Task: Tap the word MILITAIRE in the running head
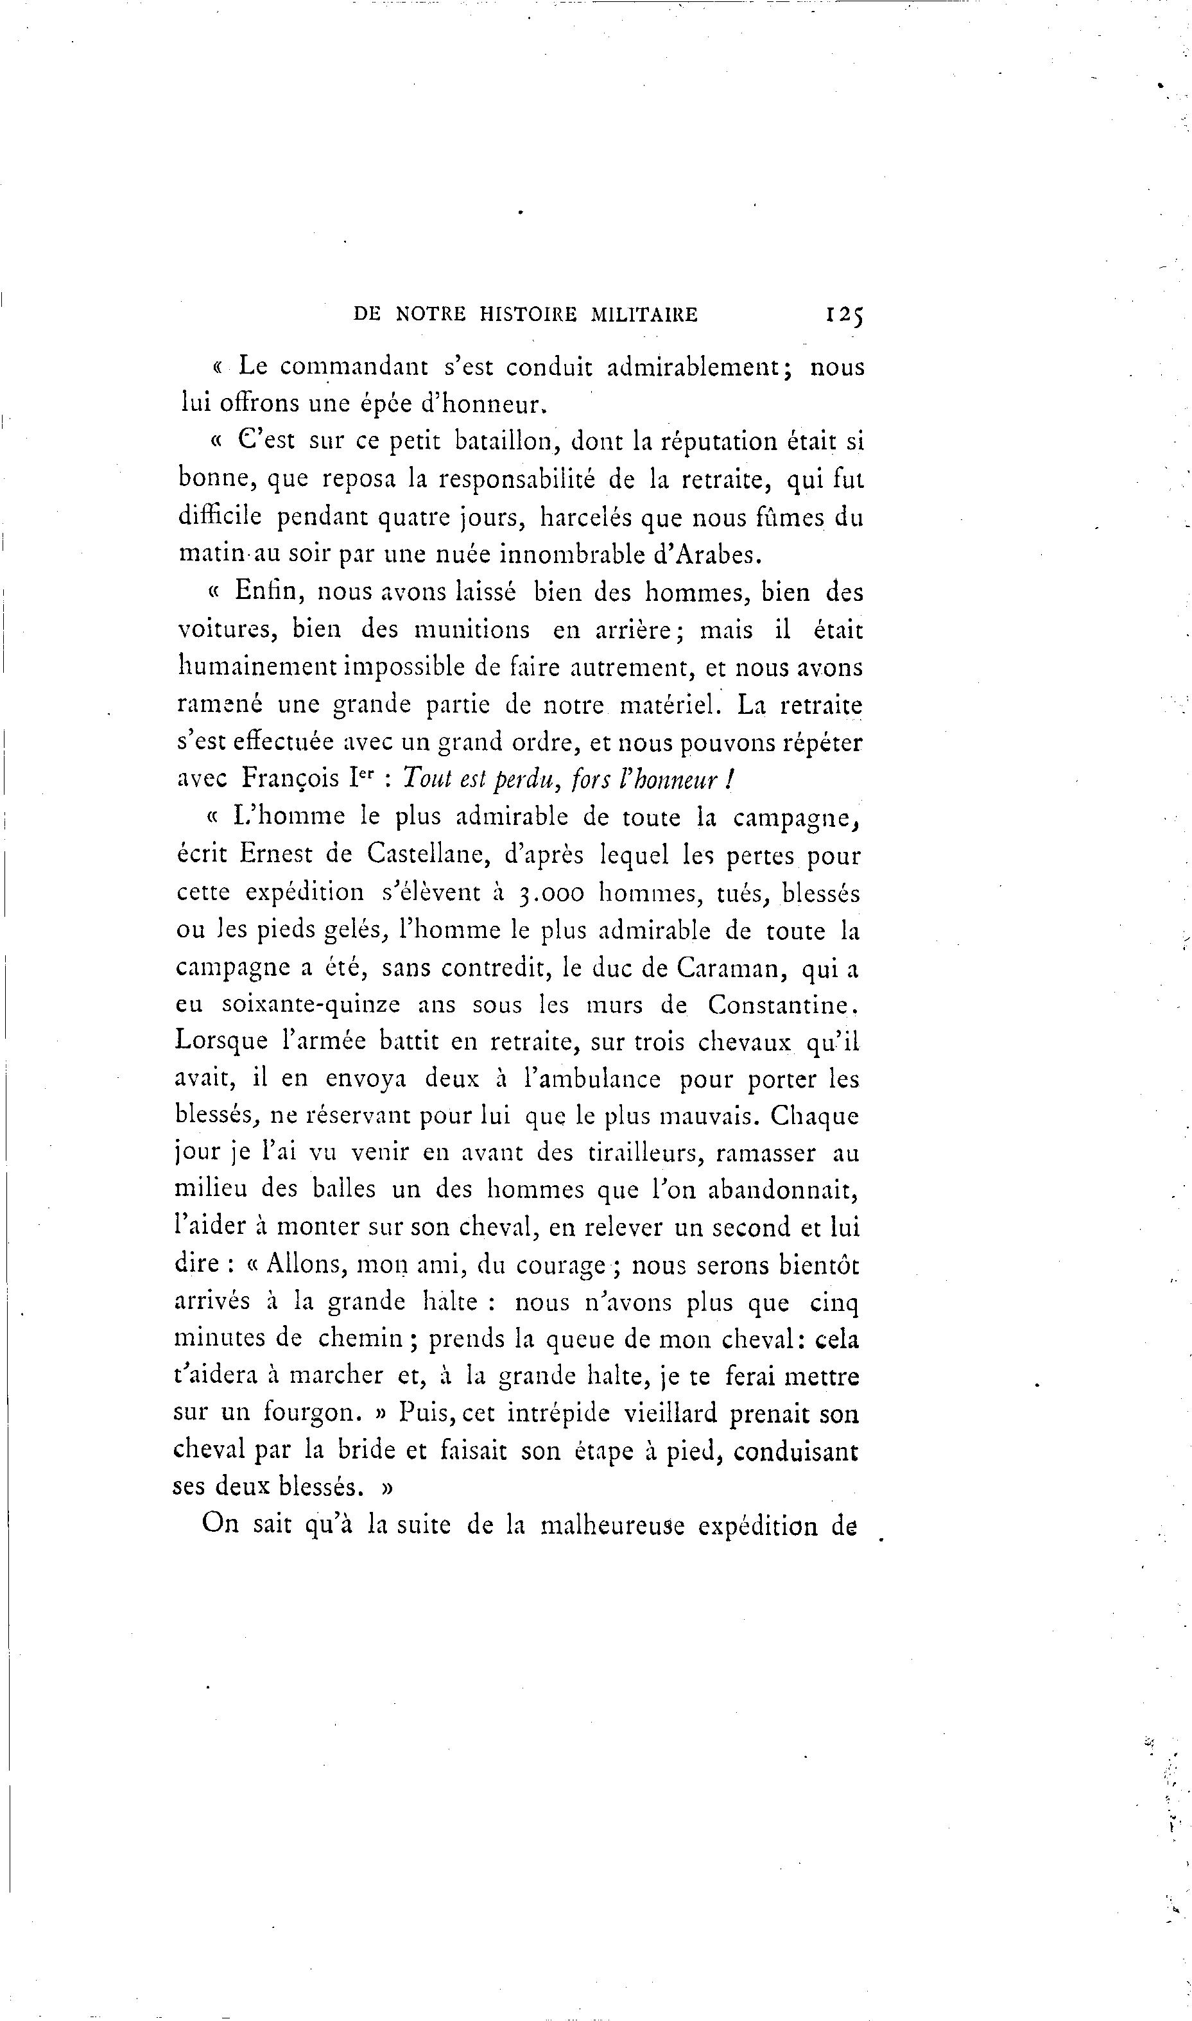644,315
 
